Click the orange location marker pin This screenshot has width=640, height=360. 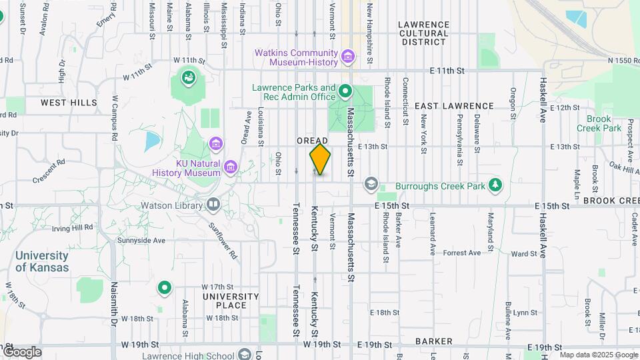pyautogui.click(x=320, y=159)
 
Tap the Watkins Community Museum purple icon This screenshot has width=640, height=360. pyautogui.click(x=347, y=56)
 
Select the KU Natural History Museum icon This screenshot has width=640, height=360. pyautogui.click(x=230, y=167)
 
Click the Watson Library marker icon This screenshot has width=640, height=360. pyautogui.click(x=213, y=204)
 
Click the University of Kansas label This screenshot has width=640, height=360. pyautogui.click(x=41, y=261)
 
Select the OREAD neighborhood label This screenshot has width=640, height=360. pyautogui.click(x=313, y=141)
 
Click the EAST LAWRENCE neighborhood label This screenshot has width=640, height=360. pyautogui.click(x=454, y=106)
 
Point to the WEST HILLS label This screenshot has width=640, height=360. pyautogui.click(x=69, y=103)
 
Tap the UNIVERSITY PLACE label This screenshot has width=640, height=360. pyautogui.click(x=231, y=301)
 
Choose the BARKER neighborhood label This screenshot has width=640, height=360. pyautogui.click(x=434, y=341)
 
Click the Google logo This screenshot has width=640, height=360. pyautogui.click(x=22, y=351)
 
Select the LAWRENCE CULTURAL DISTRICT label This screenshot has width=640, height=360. pyautogui.click(x=422, y=33)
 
